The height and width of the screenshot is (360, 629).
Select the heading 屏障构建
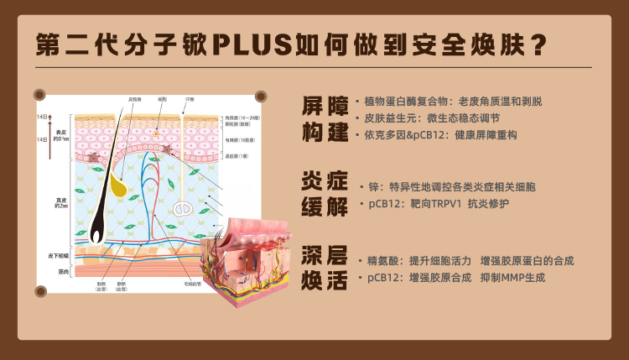tap(325, 117)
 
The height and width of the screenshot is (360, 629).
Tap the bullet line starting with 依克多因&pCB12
tap(440, 134)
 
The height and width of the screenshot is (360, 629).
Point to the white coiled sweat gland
tap(183, 207)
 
